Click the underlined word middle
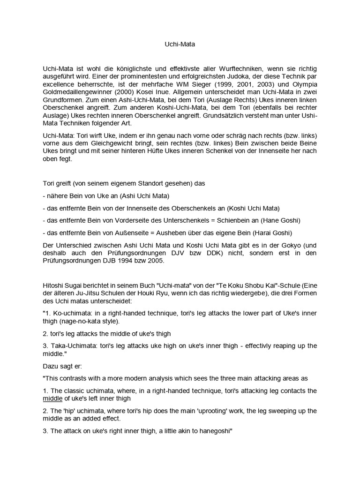coord(54,398)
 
